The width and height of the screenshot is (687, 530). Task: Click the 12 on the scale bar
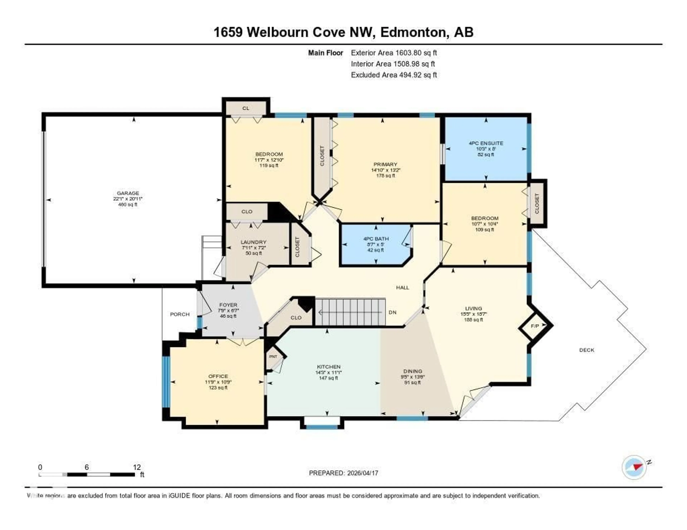137,467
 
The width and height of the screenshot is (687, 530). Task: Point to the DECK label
587,350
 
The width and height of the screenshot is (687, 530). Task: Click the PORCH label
180,314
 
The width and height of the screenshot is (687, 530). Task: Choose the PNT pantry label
273,357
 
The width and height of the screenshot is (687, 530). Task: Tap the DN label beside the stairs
392,312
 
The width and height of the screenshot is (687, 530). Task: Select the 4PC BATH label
376,239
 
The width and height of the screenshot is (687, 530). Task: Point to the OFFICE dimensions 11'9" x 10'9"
218,382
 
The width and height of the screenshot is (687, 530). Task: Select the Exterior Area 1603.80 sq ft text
394,53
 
